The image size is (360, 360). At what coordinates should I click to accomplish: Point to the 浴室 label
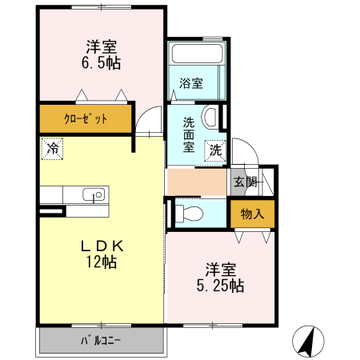pyautogui.click(x=190, y=83)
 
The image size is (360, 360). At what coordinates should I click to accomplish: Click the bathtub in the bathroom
pyautogui.click(x=196, y=56)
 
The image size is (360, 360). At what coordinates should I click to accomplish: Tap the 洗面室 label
pyautogui.click(x=189, y=134)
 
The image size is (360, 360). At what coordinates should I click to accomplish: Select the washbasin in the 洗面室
pyautogui.click(x=210, y=118)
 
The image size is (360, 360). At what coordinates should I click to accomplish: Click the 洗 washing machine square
pyautogui.click(x=215, y=149)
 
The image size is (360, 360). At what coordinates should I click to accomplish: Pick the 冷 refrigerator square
pyautogui.click(x=51, y=148)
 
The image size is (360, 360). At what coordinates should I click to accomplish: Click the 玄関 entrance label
pyautogui.click(x=246, y=182)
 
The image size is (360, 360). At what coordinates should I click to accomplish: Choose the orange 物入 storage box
pyautogui.click(x=252, y=214)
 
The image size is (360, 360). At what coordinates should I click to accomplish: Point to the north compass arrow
pyautogui.click(x=306, y=342)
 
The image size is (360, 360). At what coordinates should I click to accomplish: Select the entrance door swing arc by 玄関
pyautogui.click(x=249, y=156)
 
